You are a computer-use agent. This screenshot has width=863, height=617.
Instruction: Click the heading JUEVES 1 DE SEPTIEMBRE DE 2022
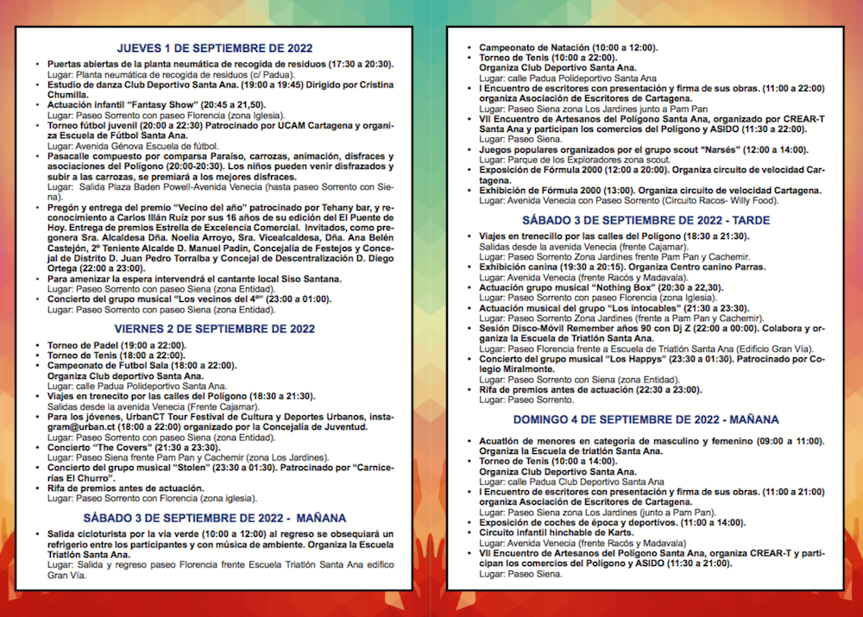[215, 48]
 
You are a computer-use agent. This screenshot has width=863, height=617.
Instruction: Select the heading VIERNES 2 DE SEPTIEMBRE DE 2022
[215, 329]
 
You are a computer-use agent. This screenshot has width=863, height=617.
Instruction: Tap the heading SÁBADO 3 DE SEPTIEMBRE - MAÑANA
[215, 518]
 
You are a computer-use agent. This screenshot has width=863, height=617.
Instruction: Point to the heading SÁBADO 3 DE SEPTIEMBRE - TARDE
[646, 221]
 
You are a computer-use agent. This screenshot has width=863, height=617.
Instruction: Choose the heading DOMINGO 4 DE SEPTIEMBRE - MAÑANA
[646, 419]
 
